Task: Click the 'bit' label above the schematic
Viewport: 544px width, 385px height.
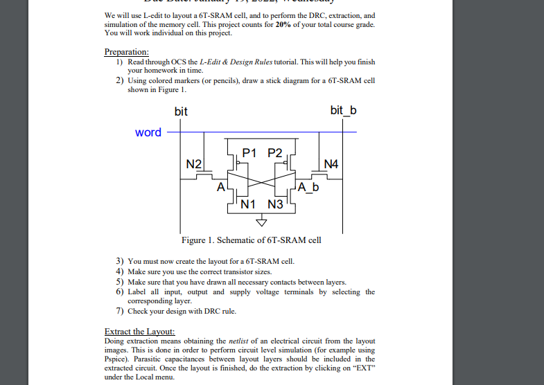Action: (181, 111)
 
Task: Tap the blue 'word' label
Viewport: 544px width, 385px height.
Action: (148, 132)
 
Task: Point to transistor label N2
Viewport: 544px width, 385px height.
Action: (195, 164)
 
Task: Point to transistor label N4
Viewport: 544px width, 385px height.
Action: (333, 164)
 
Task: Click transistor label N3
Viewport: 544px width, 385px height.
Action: (276, 204)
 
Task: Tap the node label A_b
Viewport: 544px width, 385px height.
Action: (309, 187)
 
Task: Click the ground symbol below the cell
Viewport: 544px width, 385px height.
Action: (262, 222)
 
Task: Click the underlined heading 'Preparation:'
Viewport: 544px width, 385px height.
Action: (126, 53)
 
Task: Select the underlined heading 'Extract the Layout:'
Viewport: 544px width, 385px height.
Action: (139, 332)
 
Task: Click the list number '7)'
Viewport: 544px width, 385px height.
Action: (120, 311)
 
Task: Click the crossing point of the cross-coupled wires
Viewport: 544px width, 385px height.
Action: (262, 185)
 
